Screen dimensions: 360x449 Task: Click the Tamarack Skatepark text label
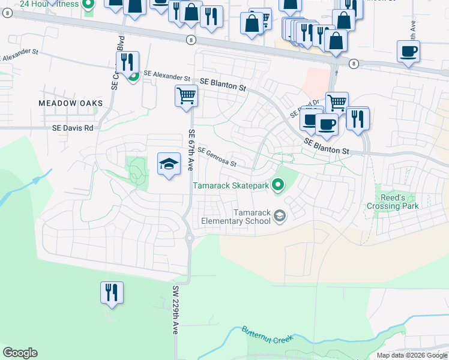[231, 186]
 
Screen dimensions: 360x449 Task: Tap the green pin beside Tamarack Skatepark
[277, 186]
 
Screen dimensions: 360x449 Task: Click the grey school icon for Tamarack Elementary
[280, 215]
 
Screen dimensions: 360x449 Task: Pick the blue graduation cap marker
[169, 164]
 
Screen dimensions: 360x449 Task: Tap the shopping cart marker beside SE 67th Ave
[186, 95]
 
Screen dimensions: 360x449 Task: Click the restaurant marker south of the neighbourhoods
[112, 293]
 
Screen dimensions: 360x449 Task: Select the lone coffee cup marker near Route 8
[408, 52]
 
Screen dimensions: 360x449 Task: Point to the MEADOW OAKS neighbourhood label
[71, 103]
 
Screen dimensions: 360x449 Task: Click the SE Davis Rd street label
[73, 128]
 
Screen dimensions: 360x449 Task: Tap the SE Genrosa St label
[217, 157]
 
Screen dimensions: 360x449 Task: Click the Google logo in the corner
[20, 353]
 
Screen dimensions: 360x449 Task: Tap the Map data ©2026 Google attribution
[412, 355]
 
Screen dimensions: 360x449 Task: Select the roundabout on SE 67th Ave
[190, 238]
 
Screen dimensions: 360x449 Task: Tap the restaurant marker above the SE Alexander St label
[128, 62]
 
